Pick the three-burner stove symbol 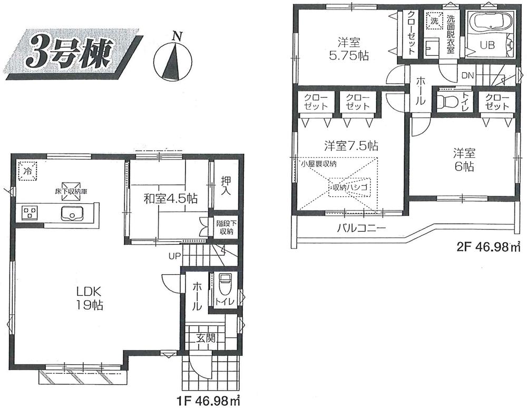click(30, 213)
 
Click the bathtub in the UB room click(489, 24)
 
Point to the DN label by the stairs click(467, 76)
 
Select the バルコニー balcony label click(362, 228)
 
